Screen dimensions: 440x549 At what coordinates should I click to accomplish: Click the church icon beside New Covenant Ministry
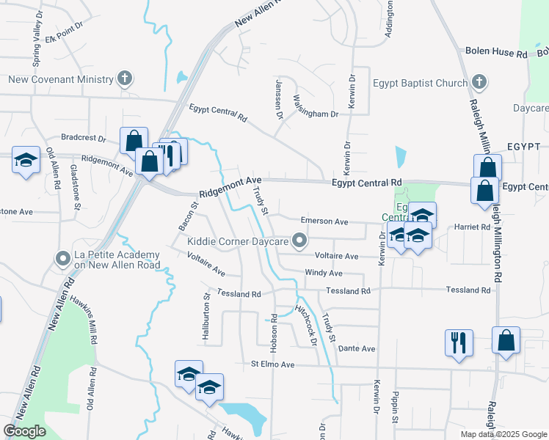point(126,78)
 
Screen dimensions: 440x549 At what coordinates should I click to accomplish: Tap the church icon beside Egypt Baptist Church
point(479,82)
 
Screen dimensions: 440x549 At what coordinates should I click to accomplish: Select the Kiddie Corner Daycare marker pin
point(299,240)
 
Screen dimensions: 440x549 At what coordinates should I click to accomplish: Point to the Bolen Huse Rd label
point(497,53)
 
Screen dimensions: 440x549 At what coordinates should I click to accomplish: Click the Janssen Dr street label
point(279,100)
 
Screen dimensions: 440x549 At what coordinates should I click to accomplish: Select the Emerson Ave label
point(324,221)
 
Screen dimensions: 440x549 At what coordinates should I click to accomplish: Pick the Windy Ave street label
point(324,273)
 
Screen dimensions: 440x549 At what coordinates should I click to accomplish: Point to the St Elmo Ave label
point(272,364)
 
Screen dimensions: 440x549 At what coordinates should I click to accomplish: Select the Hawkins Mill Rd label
point(83,320)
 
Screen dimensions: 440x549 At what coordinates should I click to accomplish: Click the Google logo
point(24,430)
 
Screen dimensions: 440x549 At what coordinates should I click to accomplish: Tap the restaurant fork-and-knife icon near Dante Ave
point(459,342)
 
